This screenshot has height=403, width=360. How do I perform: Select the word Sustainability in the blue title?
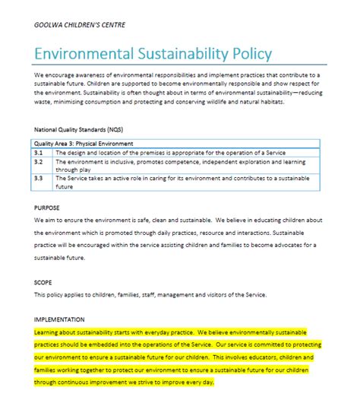point(176,55)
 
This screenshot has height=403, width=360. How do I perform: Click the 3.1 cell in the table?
point(39,152)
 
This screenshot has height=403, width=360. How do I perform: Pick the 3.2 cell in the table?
point(39,161)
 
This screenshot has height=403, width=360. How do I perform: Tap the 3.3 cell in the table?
point(39,178)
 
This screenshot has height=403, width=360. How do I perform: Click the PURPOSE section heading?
point(47,207)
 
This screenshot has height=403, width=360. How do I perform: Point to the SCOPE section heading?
point(43,281)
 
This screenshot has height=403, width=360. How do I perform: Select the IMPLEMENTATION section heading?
point(60,319)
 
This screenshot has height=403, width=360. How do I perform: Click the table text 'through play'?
point(77,170)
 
